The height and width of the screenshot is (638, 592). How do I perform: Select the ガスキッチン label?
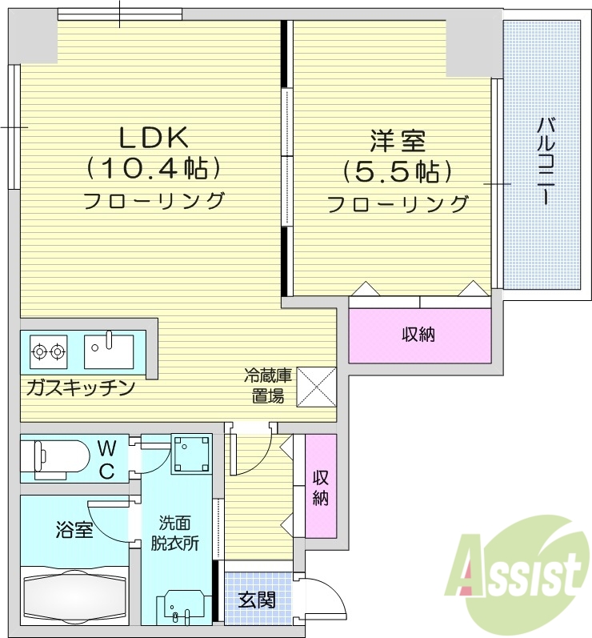coord(79,388)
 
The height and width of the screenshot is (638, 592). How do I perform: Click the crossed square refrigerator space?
coord(317,386)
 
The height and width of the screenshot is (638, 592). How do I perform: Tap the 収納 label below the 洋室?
coord(418,334)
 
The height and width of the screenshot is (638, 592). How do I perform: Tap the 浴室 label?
coord(74,530)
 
